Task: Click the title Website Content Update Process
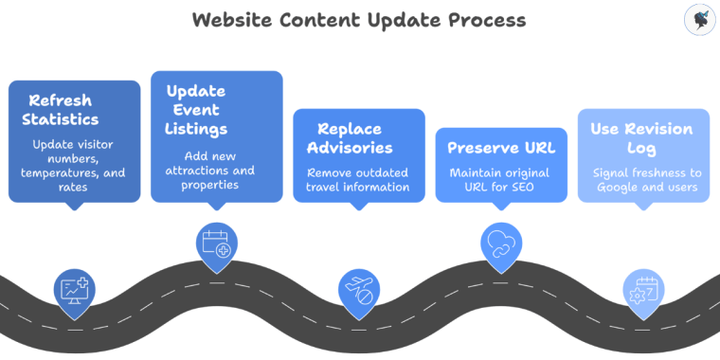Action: point(359,20)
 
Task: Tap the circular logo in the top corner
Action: point(698,20)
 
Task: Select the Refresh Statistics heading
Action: point(63,110)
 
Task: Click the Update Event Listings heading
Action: point(197,109)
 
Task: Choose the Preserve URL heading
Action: point(501,148)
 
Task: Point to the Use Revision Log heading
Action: point(642,138)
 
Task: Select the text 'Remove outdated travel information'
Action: point(358,180)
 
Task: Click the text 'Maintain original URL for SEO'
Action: point(501,180)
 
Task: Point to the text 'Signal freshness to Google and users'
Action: point(643,180)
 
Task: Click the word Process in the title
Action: point(483,20)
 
